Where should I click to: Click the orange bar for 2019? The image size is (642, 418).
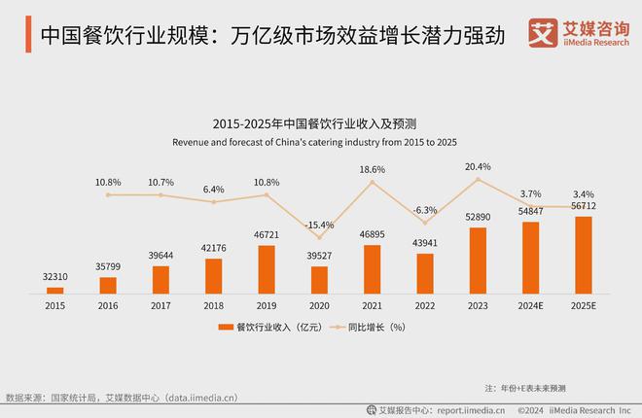coord(267,269)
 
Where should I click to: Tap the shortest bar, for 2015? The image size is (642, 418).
coord(55,290)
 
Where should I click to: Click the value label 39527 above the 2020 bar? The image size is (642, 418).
coord(319,256)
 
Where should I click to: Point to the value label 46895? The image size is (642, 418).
coord(372,234)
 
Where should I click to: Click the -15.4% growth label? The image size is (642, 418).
coord(319,225)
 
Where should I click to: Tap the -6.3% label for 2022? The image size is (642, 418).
coord(425,209)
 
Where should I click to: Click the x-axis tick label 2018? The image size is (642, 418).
coord(214,304)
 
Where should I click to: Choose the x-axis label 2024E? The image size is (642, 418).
coord(530,304)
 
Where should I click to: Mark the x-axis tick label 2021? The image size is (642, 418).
coord(372,304)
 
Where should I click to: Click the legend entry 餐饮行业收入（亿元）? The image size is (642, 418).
coord(275,328)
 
